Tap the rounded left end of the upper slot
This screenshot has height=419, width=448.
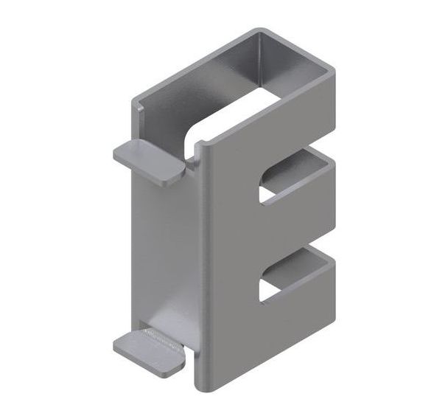point(264,188)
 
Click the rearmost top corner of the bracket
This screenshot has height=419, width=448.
point(258,32)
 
